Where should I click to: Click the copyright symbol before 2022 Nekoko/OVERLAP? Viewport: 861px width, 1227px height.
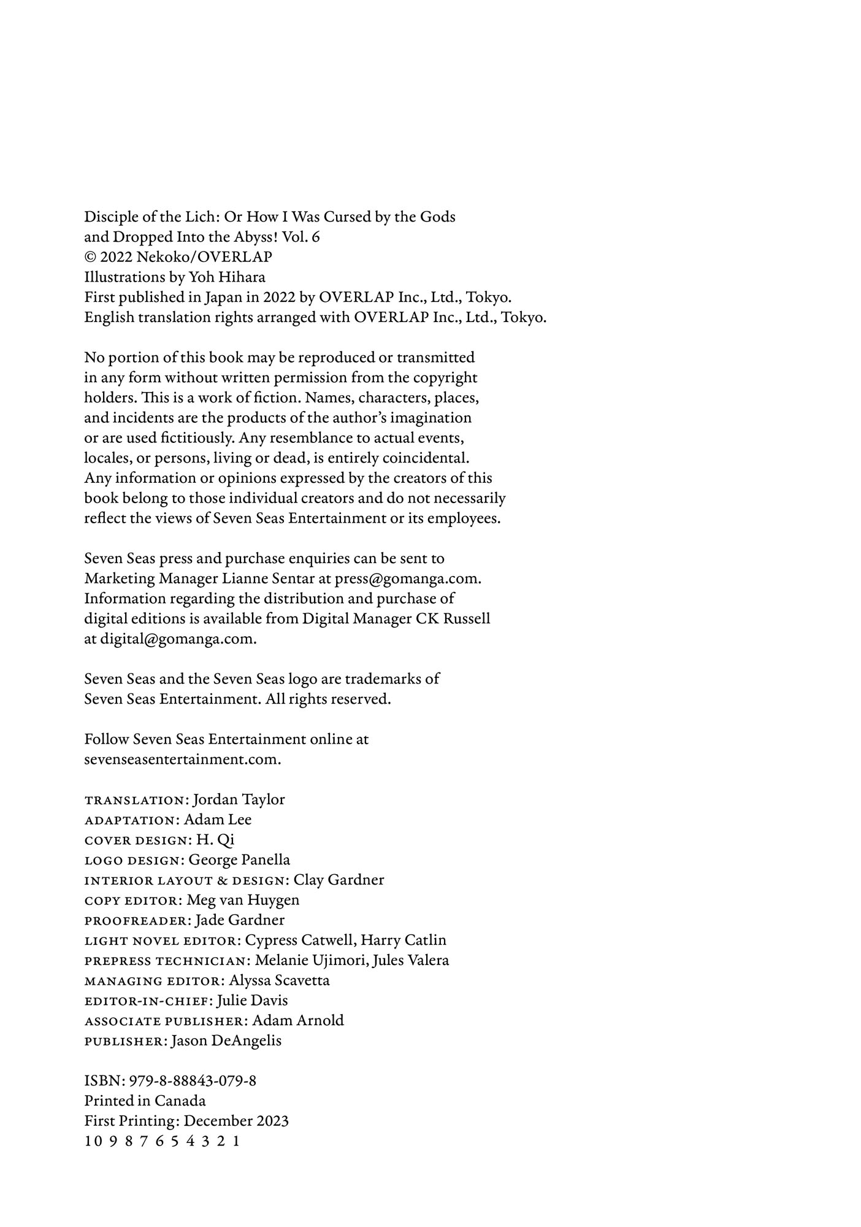[90, 257]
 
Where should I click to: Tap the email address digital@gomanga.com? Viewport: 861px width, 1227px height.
[178, 639]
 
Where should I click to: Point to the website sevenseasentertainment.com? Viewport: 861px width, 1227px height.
[182, 759]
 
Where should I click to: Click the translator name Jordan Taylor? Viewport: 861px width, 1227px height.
[239, 799]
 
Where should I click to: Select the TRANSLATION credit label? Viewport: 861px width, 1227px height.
[134, 800]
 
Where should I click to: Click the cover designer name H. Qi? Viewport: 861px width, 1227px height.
[215, 839]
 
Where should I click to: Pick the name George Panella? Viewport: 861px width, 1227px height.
[239, 860]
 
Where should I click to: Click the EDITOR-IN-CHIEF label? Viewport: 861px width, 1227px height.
[148, 1001]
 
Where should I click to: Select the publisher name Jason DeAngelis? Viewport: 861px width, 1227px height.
[226, 1040]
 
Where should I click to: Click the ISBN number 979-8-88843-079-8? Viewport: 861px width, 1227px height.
[193, 1081]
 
